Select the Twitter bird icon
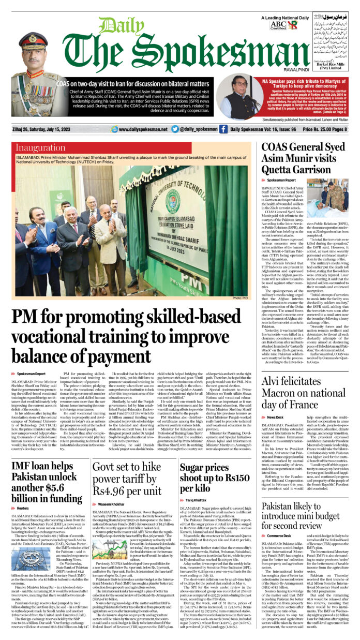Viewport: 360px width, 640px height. pyautogui.click(x=175, y=129)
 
